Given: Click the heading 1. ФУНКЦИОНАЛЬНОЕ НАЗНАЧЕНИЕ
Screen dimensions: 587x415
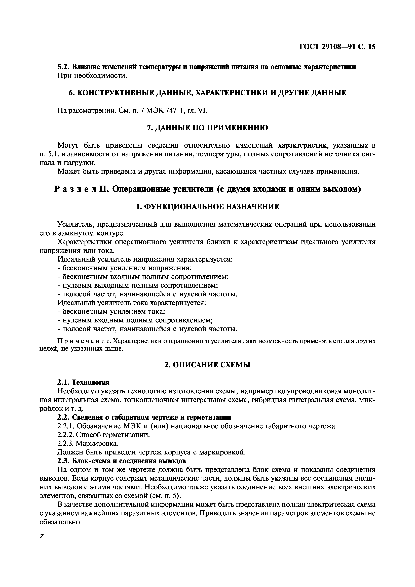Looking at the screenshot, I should point(207,207).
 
